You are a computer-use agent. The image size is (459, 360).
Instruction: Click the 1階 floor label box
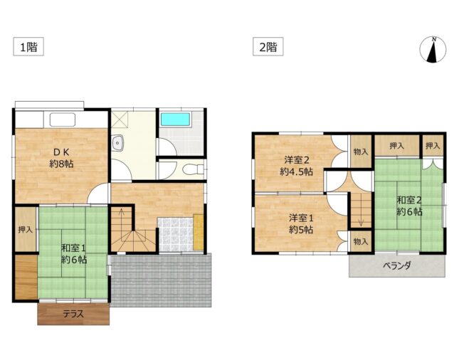pos(28,46)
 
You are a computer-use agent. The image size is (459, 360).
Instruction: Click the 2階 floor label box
pos(268,46)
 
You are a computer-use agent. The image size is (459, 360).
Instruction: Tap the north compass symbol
pos(433,50)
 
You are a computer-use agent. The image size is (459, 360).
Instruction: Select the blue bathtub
pos(175,120)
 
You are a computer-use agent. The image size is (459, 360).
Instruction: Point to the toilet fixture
pos(193,169)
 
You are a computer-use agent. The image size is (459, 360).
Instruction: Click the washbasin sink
pos(117,144)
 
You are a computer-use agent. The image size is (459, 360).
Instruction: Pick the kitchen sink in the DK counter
pos(63,120)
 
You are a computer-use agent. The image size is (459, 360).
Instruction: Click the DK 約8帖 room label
pos(61,158)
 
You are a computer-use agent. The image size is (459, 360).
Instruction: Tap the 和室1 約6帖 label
pos(74,254)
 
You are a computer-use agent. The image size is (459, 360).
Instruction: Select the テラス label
pos(73,314)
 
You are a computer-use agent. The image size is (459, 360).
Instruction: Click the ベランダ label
pos(397,266)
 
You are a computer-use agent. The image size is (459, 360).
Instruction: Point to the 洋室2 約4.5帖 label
pos(297,166)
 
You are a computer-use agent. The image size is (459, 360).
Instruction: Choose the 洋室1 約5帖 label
pos(301,224)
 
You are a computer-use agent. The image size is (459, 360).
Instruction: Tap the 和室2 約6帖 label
pos(409,206)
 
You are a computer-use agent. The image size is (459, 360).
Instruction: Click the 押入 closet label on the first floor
pos(26,230)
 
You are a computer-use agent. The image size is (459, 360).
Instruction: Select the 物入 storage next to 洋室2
pos(361,152)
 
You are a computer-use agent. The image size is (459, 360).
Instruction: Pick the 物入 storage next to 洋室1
pos(361,241)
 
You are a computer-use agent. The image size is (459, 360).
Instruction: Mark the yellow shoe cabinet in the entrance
pos(198,233)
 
